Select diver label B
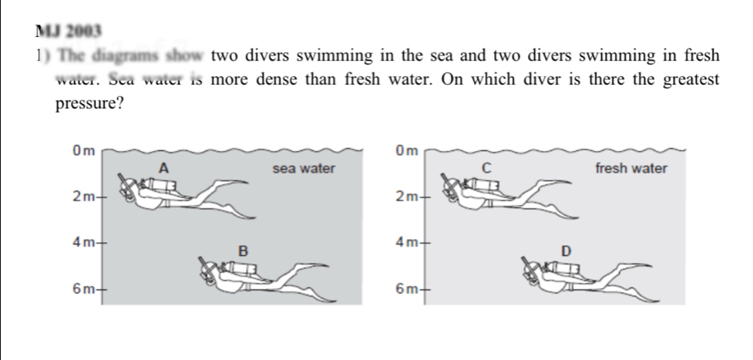point(243,250)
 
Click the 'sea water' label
point(304,168)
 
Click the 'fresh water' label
point(630,168)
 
